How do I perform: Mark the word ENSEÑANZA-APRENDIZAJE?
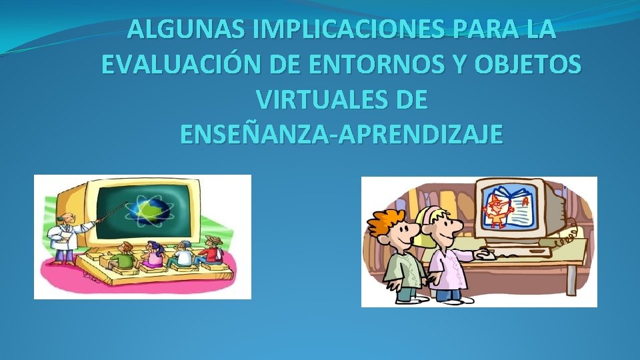[341, 135]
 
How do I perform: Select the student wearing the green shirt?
[123, 257]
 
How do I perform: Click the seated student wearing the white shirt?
[182, 255]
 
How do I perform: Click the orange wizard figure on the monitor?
[496, 207]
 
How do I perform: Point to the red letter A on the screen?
[526, 199]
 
